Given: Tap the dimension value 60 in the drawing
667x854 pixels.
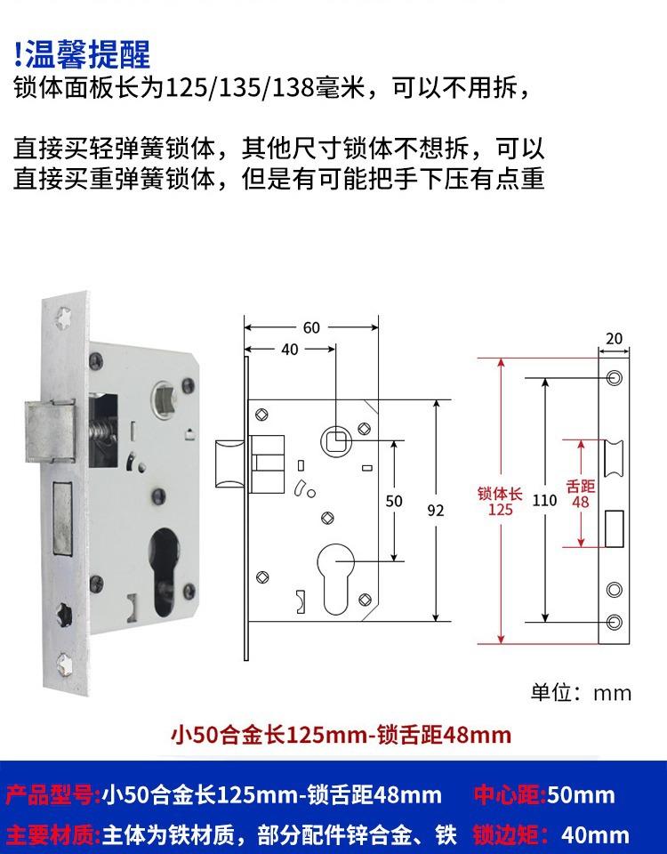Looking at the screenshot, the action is pos(310,328).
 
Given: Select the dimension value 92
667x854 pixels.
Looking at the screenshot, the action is pos(436,511).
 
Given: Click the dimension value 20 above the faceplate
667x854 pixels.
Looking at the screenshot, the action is pos(614,339).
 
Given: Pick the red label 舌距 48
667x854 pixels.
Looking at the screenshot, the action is pos(580,494).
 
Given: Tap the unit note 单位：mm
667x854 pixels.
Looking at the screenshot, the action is pos(581,693).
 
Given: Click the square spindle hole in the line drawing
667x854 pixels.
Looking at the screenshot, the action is pos(336,439).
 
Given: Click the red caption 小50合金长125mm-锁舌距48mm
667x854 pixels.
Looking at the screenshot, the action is pos(341,735).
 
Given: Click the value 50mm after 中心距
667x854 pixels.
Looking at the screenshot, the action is pos(581,794).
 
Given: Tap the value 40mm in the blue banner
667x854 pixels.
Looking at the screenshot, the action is pos(596,834).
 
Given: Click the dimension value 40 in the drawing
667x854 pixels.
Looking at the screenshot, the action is pos(290,350).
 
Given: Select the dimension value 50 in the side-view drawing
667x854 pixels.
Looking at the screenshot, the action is pos(394,502).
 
